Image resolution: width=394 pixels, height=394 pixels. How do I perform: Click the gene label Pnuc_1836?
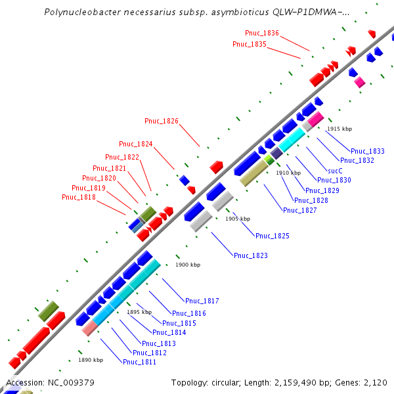tap(262, 33)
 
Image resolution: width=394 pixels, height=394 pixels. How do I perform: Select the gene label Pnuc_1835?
tap(250, 44)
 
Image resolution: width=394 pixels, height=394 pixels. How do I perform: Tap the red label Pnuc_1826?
tap(162, 120)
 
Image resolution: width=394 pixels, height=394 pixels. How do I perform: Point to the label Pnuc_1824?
tap(136, 144)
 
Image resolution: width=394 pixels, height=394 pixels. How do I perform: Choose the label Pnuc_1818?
tap(79, 197)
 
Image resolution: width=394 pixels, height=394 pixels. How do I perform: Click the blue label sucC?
tap(335, 169)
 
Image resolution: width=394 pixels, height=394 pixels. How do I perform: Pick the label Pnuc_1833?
tap(368, 151)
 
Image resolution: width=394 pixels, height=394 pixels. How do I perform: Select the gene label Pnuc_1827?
tap(300, 210)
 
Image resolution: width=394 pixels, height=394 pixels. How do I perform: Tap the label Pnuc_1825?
tap(273, 236)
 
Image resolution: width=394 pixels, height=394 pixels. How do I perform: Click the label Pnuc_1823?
tap(251, 255)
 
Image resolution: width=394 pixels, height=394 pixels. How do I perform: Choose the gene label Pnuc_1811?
tap(140, 361)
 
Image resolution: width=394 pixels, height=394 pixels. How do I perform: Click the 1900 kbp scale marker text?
tap(186, 265)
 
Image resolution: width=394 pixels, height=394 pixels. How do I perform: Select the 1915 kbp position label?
tap(339, 129)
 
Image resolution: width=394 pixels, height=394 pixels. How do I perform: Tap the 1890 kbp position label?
tap(91, 360)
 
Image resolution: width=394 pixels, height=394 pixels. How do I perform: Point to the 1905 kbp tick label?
tap(238, 219)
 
